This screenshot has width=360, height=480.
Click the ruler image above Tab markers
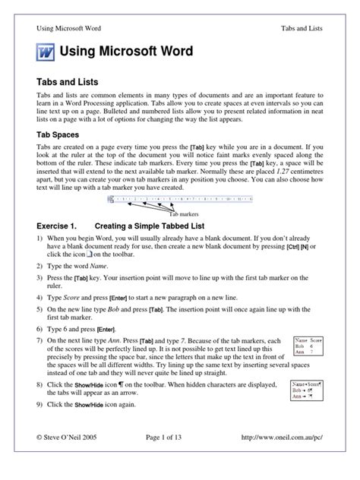180,201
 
